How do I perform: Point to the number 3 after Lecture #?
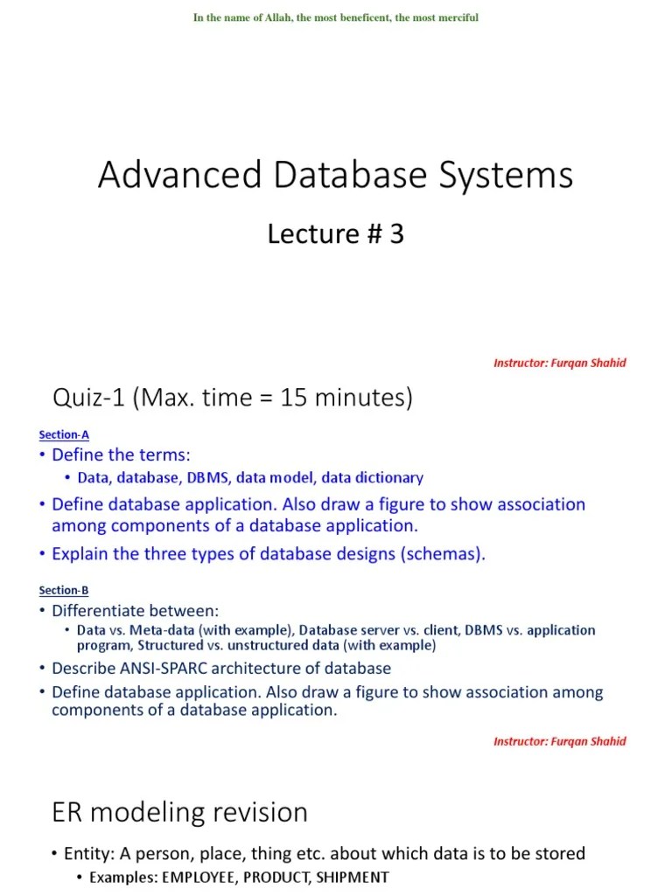pos(396,234)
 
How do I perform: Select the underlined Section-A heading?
pos(64,434)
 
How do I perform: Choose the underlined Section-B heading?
pos(64,590)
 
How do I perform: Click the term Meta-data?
pos(154,630)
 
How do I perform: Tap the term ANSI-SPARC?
pos(152,669)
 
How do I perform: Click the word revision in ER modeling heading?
pos(262,813)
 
